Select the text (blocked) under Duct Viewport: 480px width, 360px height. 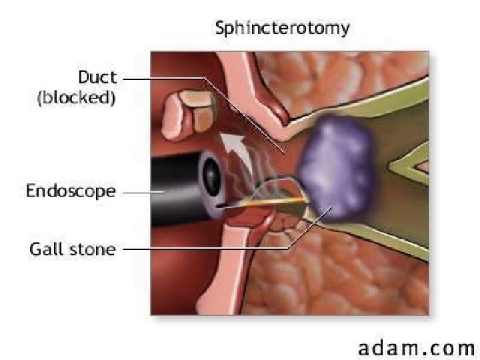click(76, 98)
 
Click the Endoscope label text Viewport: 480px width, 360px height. click(71, 191)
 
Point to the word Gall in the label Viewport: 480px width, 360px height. click(47, 250)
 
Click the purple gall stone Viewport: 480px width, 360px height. click(337, 170)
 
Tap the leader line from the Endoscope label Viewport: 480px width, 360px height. click(140, 192)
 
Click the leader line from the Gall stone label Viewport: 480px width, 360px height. click(207, 250)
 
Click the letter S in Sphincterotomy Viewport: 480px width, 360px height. click(219, 29)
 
